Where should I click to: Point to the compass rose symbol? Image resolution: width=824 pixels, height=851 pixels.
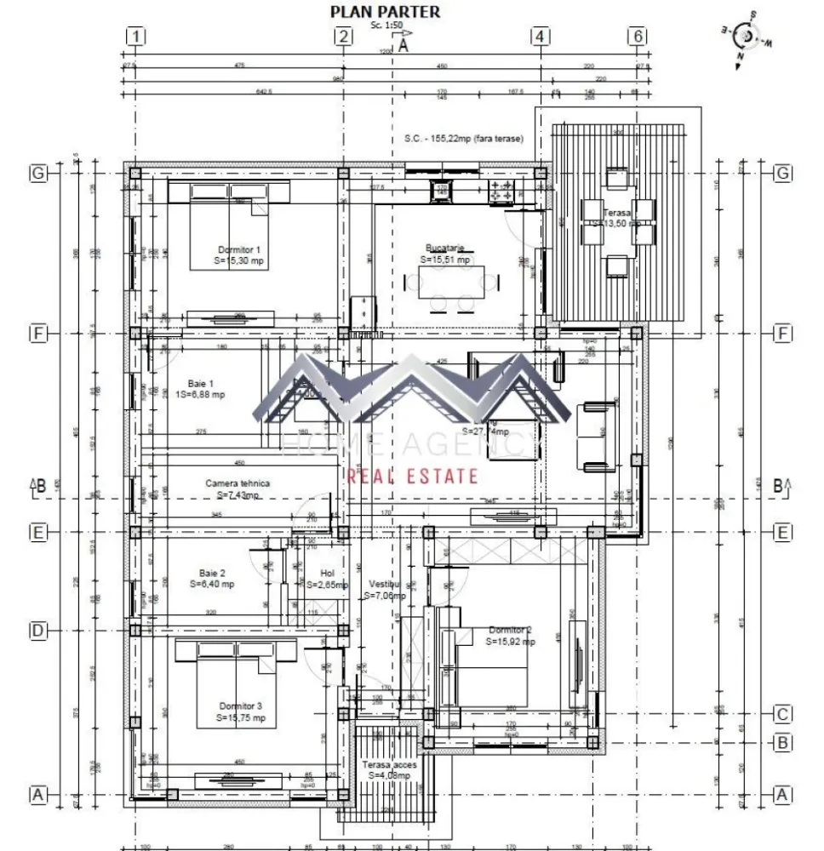point(747,37)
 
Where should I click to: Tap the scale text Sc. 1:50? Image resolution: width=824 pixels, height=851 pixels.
point(388,26)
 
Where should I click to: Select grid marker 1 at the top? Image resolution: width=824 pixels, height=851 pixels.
point(136,36)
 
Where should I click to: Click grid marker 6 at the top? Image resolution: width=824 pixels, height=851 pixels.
point(637,36)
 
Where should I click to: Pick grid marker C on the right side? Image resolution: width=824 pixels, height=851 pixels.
point(783,714)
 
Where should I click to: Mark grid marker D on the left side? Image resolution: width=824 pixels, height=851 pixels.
point(37,631)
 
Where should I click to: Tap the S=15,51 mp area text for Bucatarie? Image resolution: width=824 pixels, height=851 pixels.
point(445,260)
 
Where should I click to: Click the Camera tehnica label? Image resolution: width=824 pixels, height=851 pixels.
point(237,483)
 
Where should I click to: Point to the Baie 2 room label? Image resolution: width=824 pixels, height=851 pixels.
point(212,573)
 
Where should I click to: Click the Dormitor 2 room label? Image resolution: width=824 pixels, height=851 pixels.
point(511,631)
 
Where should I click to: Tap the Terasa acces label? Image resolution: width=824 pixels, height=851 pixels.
point(389,765)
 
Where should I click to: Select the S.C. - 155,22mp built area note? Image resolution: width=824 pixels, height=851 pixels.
point(463,139)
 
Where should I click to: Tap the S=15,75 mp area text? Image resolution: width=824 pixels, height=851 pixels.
point(241,718)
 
